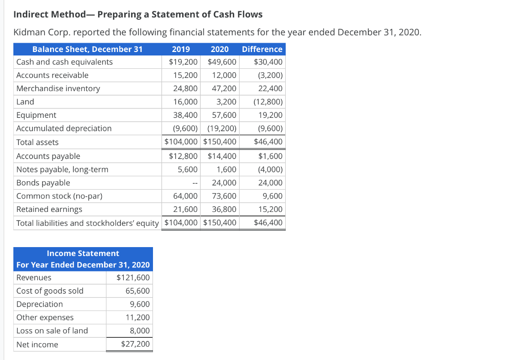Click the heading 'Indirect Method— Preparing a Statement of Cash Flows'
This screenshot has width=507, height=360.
coord(138,14)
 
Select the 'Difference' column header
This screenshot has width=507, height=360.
coord(262,49)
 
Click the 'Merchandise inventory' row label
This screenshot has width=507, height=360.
coord(58,89)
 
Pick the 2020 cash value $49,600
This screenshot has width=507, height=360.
coord(222,62)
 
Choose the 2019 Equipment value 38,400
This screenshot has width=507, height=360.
coord(185,115)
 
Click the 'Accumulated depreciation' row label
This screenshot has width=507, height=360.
coord(64,128)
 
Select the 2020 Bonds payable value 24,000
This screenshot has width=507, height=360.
coord(224,183)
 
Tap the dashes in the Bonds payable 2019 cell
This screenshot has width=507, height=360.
coord(195,183)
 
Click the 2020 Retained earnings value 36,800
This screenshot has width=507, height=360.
coord(224,209)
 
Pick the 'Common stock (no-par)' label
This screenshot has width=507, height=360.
coord(59,196)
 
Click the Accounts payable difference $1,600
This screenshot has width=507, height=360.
coord(270,156)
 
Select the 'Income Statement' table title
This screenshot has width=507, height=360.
coord(83,253)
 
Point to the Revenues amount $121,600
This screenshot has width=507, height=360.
coord(133,277)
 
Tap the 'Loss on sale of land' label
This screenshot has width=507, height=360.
coord(52,330)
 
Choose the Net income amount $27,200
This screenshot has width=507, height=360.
coord(135,344)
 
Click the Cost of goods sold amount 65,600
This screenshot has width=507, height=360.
coord(138,291)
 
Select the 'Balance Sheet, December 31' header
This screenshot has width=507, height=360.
coord(87,49)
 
